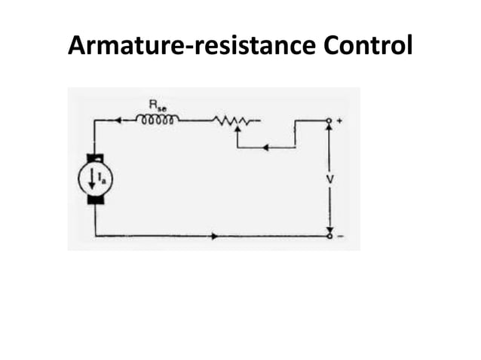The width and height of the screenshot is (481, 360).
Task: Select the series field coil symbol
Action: [x=158, y=119]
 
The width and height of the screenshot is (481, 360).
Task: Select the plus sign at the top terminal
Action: [x=340, y=120]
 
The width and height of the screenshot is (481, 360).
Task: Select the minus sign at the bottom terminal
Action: [x=340, y=236]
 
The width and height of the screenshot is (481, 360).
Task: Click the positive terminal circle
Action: [x=329, y=120]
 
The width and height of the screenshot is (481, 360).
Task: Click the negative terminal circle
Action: [x=329, y=236]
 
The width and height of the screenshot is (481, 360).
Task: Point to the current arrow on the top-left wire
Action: [x=119, y=120]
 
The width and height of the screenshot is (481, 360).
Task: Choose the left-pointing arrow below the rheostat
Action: [x=269, y=147]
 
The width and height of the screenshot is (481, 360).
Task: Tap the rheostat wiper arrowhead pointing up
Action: [x=237, y=129]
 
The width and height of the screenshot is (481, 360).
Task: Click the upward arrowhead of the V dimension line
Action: [x=329, y=129]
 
